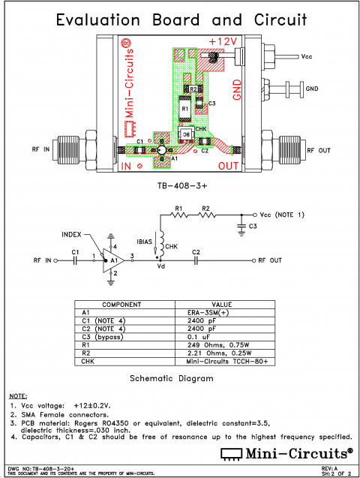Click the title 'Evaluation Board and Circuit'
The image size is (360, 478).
(180, 18)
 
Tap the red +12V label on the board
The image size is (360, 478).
(223, 41)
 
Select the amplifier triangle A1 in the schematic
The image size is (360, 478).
(112, 260)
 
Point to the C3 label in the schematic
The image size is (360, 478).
(253, 226)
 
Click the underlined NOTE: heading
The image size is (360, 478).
(18, 395)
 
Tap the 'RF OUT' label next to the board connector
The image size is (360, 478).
(318, 150)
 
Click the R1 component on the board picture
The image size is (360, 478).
(184, 110)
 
